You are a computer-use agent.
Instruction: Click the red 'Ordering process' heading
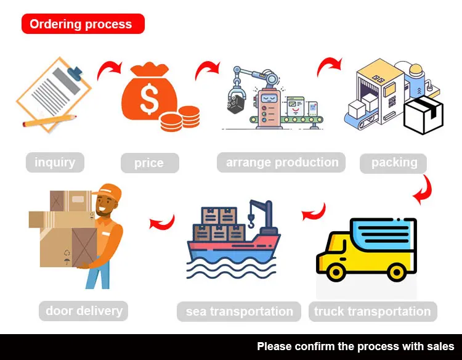pyautogui.click(x=81, y=24)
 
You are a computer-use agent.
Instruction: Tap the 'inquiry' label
pyautogui.click(x=55, y=163)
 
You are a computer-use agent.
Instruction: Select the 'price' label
pyautogui.click(x=149, y=163)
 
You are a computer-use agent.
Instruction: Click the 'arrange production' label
pyautogui.click(x=282, y=163)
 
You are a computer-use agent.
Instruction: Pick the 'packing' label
pyautogui.click(x=394, y=163)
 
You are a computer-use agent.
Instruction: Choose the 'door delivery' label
pyautogui.click(x=84, y=311)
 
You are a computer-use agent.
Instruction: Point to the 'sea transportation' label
pyautogui.click(x=239, y=311)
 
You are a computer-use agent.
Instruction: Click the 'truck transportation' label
pyautogui.click(x=372, y=311)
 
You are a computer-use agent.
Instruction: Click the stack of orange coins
pyautogui.click(x=180, y=118)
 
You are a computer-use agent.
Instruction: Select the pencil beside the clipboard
pyautogui.click(x=49, y=120)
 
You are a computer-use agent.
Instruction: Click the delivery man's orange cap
pyautogui.click(x=110, y=192)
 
